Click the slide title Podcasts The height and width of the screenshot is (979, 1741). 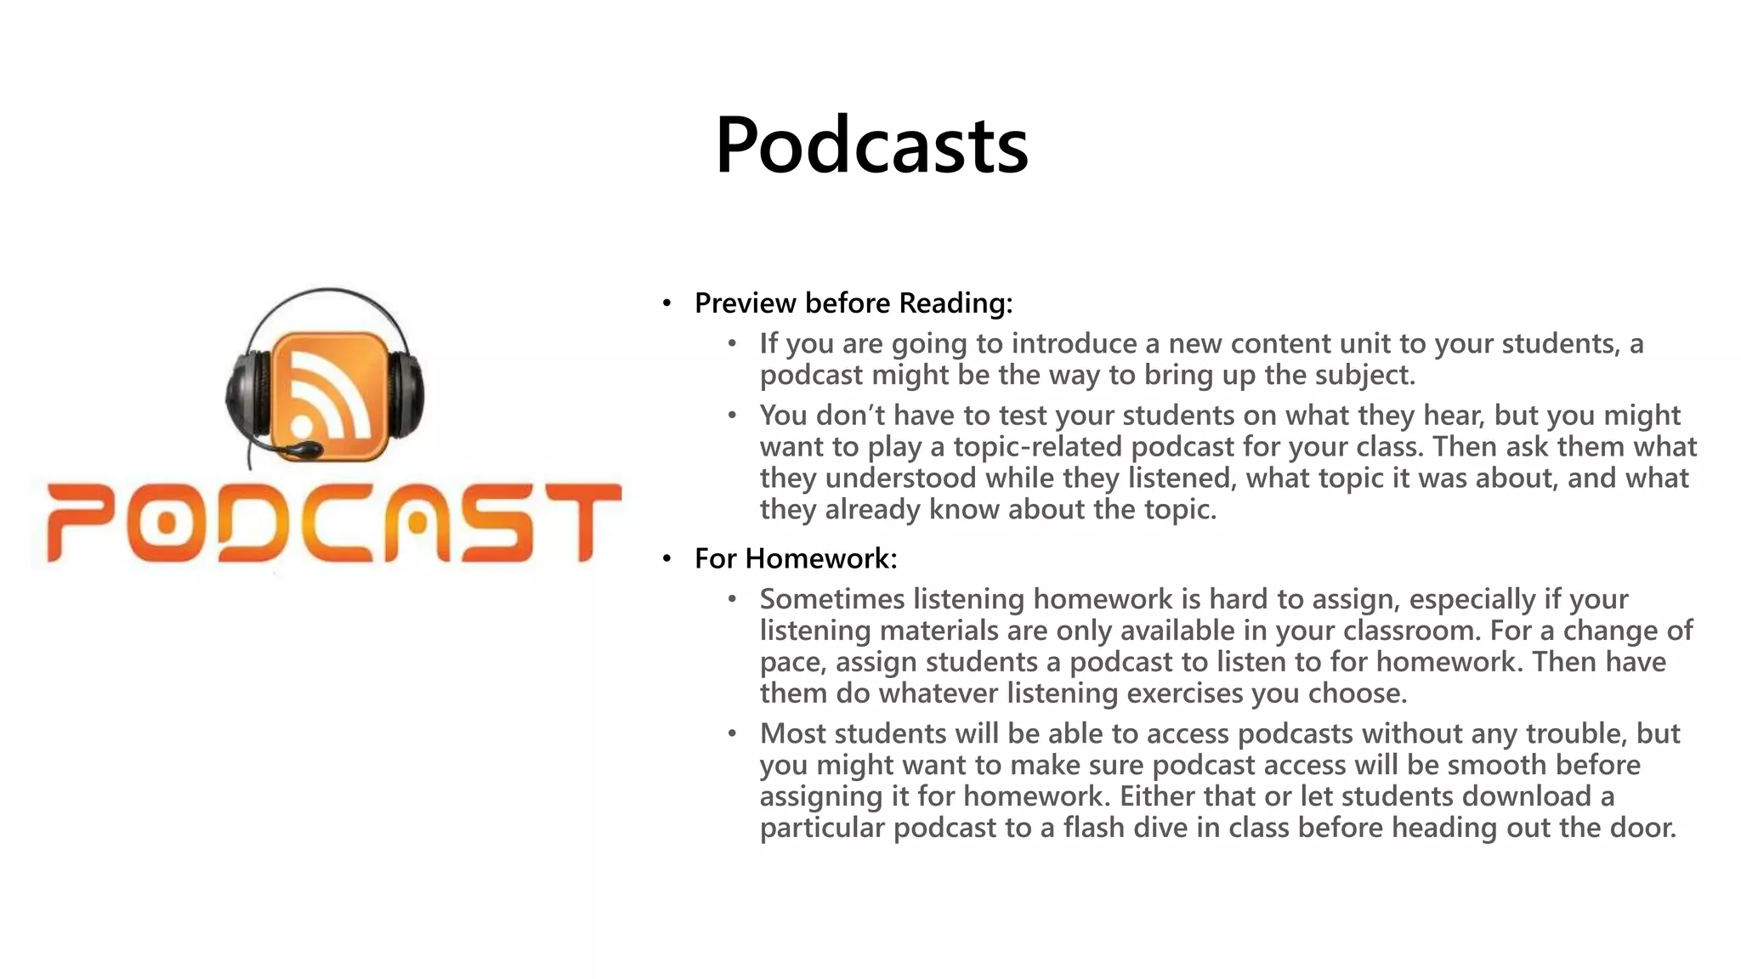pos(871,145)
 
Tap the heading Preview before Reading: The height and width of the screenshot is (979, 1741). pos(853,303)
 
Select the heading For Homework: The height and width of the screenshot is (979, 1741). pos(796,558)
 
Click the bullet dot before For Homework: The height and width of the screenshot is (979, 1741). pos(667,558)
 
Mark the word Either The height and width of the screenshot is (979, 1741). pos(1156,796)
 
